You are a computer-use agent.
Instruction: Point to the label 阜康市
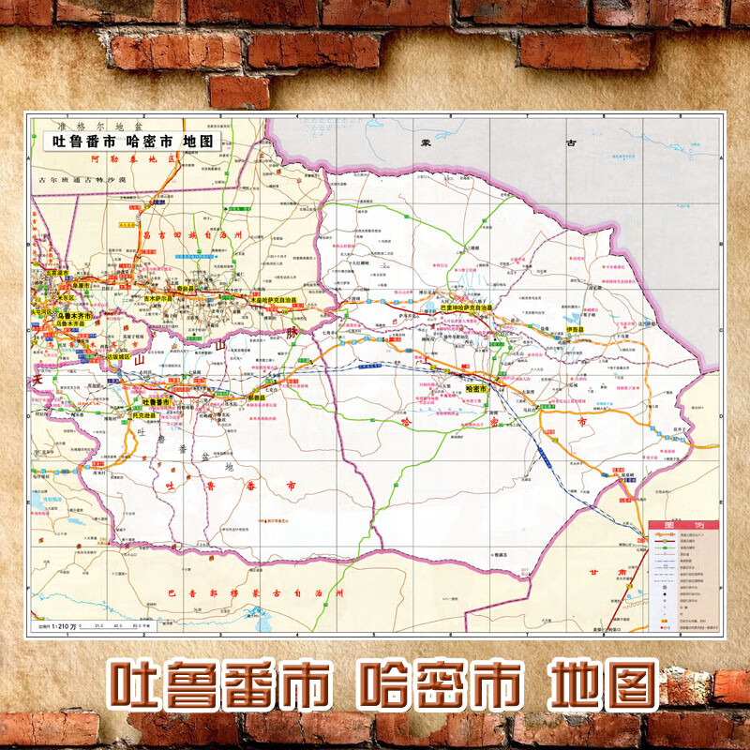(79, 286)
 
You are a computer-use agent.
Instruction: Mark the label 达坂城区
(119, 356)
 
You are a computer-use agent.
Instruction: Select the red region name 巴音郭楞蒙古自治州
(253, 594)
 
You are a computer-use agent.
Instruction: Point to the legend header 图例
(682, 526)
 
